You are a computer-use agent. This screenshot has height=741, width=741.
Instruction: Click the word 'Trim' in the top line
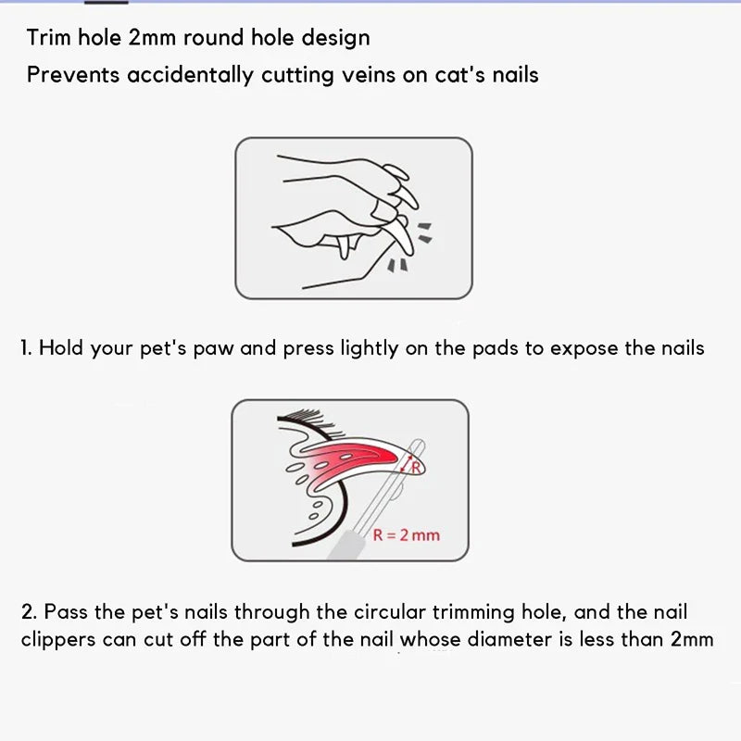pyautogui.click(x=48, y=38)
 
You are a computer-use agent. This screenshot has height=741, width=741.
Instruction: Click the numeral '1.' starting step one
pyautogui.click(x=27, y=348)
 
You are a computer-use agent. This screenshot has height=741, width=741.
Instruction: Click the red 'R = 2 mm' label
pyautogui.click(x=406, y=534)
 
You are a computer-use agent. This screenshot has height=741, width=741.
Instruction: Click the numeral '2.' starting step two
pyautogui.click(x=29, y=612)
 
